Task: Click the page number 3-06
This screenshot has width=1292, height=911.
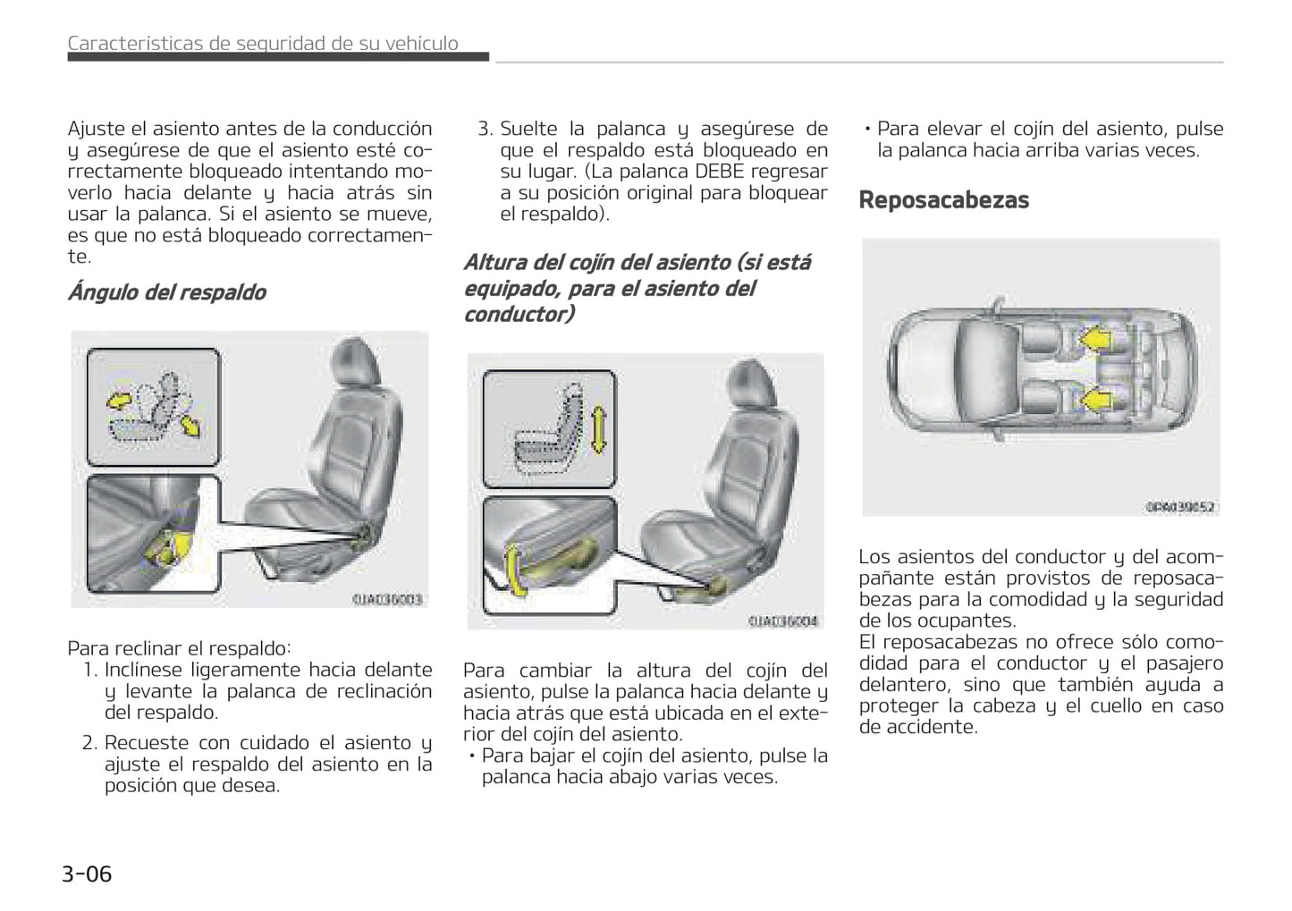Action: coord(87,873)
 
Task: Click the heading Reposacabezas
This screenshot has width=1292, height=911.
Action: coord(943,200)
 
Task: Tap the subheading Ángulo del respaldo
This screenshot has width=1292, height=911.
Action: coord(166,292)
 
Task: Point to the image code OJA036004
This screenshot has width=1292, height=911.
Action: coord(783,620)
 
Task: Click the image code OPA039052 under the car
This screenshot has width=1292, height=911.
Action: coord(1180,507)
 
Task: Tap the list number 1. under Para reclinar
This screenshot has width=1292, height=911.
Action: coord(90,670)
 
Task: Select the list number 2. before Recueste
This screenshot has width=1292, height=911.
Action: coord(89,743)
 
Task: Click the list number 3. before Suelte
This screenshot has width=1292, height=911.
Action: coord(486,129)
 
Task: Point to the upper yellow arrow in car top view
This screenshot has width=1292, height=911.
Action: coord(1094,340)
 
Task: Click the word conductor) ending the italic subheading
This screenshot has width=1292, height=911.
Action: coord(519,314)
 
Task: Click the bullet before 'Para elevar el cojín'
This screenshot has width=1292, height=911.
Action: coord(867,129)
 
